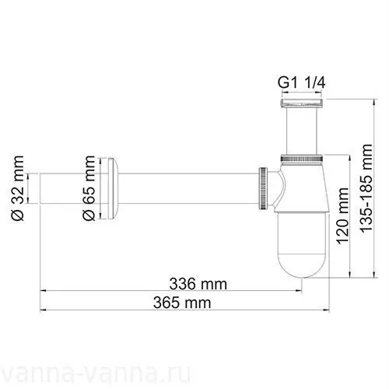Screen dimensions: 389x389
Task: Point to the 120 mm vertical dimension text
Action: [x=342, y=219]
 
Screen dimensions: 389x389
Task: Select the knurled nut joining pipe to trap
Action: [x=264, y=188]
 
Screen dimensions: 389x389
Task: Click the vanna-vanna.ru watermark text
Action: [x=194, y=369]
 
